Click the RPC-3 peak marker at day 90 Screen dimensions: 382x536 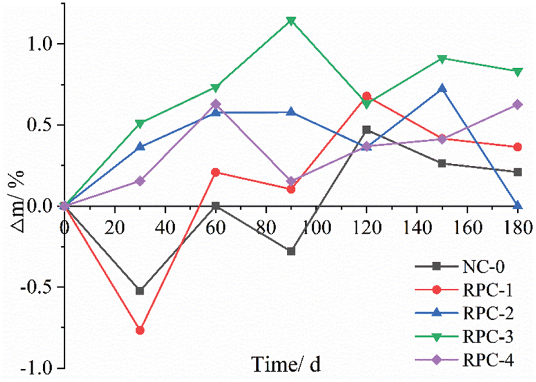click(291, 21)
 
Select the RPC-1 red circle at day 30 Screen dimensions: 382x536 click(140, 330)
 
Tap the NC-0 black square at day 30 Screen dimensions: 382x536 click(140, 291)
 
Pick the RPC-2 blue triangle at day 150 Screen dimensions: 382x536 click(442, 88)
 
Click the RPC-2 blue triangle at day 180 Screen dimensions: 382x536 click(518, 205)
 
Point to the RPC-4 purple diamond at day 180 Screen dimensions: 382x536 click(518, 105)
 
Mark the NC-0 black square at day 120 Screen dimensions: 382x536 click(366, 130)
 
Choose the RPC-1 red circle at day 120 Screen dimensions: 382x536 click(366, 96)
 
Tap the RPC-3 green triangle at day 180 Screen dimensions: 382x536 click(518, 72)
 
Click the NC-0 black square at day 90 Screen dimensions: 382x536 click(291, 251)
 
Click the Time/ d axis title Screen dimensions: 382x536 click(286, 364)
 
